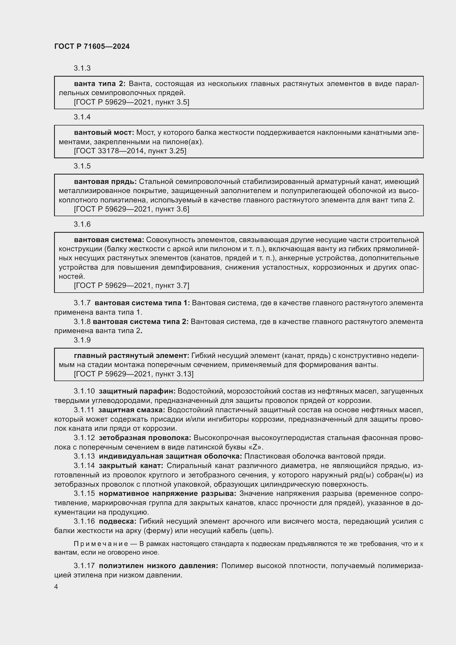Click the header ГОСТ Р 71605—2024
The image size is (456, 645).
point(92,47)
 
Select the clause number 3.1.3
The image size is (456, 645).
point(82,68)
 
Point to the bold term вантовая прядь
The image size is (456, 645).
point(105,182)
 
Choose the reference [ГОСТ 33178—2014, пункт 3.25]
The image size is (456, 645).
point(130,151)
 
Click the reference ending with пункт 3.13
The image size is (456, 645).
point(134,374)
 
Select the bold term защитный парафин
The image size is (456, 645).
point(137,391)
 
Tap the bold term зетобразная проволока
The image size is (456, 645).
point(145,438)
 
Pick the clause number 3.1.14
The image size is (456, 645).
point(84,465)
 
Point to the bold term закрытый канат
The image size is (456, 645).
point(131,465)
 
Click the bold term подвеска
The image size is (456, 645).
point(117,521)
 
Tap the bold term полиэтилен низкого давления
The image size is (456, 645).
point(158,566)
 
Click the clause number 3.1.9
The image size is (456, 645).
point(82,340)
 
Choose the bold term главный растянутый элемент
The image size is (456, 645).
point(132,356)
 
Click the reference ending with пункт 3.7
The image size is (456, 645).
point(132,285)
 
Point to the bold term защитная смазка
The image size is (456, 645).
point(132,410)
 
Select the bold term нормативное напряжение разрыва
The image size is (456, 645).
point(167,494)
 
